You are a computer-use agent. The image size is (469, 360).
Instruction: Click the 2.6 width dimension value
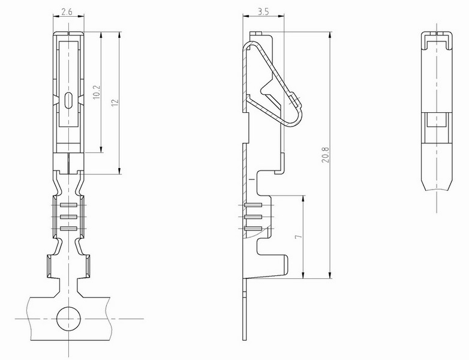click(67, 12)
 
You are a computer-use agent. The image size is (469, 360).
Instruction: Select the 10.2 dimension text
click(97, 92)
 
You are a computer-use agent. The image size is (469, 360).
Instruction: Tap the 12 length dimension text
click(115, 102)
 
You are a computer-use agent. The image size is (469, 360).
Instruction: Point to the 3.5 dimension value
click(263, 11)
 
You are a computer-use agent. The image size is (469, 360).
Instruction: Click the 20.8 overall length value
click(326, 155)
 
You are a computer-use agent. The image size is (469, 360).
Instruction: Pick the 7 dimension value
click(298, 236)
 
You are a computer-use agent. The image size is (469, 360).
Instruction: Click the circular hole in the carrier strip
click(68, 319)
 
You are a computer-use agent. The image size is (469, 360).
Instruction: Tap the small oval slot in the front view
click(68, 100)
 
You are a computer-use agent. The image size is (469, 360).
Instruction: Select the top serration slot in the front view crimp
click(68, 205)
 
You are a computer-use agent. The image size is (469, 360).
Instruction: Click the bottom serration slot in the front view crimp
click(68, 229)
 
